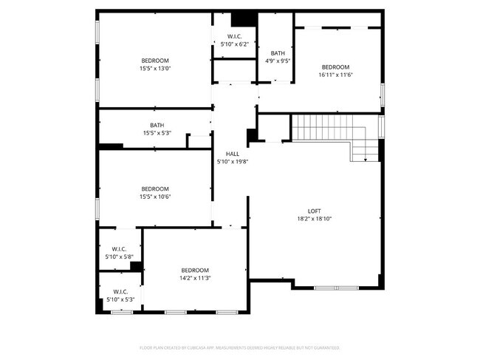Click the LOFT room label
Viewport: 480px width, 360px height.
tap(314, 211)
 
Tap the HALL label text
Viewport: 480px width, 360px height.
tap(232, 154)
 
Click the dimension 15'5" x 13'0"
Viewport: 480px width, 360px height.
tap(156, 68)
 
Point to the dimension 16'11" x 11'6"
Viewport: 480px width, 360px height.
tap(335, 75)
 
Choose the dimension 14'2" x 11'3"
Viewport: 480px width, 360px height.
tap(195, 278)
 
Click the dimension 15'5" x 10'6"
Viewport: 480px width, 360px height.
tap(156, 197)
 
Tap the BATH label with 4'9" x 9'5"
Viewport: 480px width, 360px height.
tap(277, 53)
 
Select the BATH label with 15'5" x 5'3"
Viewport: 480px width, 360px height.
tap(157, 125)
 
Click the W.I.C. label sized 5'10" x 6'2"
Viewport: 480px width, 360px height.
tap(235, 36)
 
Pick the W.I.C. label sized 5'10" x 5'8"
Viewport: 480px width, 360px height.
tap(119, 248)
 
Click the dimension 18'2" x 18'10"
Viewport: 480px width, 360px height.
tap(314, 219)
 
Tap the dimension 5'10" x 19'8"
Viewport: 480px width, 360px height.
tap(232, 161)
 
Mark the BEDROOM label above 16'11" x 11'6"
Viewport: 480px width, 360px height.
tap(335, 67)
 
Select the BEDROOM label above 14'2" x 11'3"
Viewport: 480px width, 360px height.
tap(195, 270)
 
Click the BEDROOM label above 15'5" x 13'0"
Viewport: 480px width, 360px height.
tap(156, 60)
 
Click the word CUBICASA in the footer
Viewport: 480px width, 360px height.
tap(195, 347)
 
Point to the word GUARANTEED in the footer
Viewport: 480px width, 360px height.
tap(325, 347)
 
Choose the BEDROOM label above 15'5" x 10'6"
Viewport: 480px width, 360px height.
tap(156, 189)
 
